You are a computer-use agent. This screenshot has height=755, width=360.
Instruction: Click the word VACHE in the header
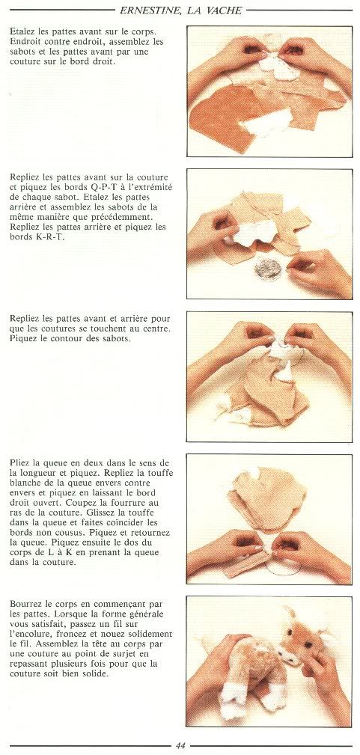(x=225, y=9)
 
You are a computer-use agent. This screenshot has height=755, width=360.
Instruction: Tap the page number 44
(x=180, y=746)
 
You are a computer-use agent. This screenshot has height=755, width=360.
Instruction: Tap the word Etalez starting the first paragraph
(x=22, y=31)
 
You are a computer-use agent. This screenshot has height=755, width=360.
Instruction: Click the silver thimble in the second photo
(x=269, y=269)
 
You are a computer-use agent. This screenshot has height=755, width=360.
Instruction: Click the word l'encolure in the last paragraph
(x=31, y=634)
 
